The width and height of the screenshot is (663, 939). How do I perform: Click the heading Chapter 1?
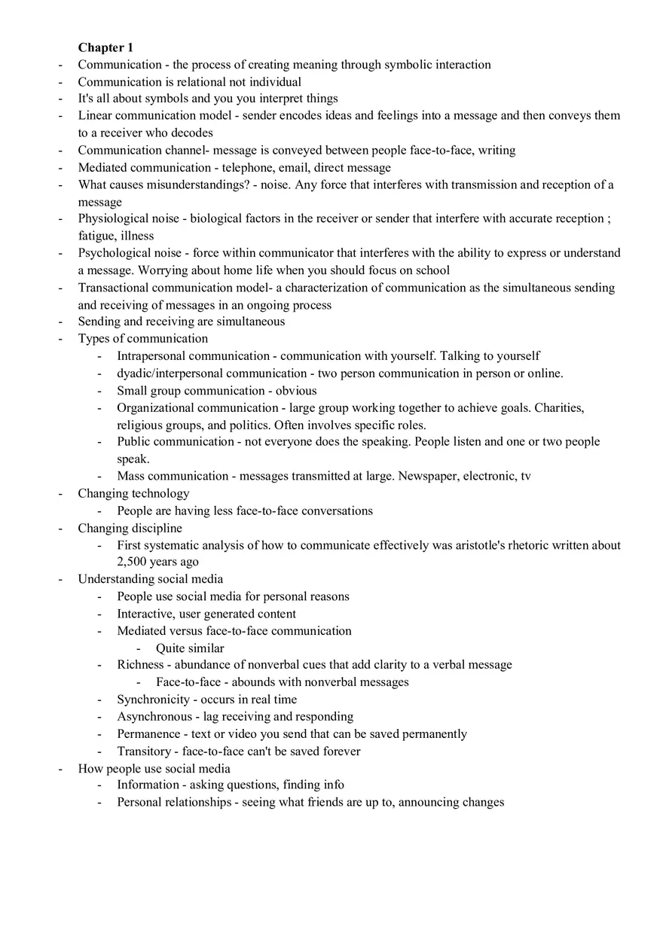[105, 47]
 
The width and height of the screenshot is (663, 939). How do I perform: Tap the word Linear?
[95, 115]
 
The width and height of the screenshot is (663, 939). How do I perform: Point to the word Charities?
[559, 408]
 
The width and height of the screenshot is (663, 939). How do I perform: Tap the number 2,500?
[133, 562]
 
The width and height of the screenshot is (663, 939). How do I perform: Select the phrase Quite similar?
[190, 648]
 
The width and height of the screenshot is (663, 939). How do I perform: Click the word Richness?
[140, 665]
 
